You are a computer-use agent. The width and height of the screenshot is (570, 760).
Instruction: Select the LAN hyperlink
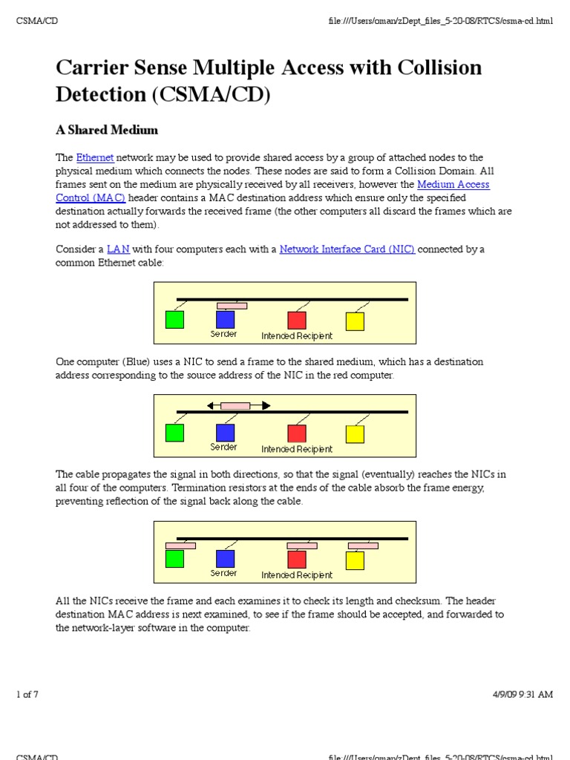pos(118,249)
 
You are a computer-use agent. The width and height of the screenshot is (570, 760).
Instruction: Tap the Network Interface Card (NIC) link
pos(347,249)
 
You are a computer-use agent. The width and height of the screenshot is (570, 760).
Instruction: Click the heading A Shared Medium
pos(107,130)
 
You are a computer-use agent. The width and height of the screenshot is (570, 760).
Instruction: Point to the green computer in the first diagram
pos(174,319)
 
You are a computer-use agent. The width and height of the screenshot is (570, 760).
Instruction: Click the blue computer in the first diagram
pos(225,319)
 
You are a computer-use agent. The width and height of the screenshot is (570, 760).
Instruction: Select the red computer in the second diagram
pos(297,433)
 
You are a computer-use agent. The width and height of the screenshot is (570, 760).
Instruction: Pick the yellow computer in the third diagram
pos(355,560)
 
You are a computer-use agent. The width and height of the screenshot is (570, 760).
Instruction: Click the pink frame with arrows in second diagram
pos(236,405)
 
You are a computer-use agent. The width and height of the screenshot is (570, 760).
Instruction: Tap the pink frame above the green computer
pos(180,546)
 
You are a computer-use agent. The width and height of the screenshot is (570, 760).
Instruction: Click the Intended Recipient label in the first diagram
pos(297,335)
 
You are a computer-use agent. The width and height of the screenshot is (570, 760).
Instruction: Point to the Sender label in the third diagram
pos(223,573)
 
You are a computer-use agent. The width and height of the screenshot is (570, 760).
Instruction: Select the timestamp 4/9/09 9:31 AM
pos(522,695)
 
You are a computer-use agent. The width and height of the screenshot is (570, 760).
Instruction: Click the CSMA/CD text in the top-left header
pos(37,21)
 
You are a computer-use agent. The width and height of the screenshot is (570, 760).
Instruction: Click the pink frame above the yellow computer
pos(363,546)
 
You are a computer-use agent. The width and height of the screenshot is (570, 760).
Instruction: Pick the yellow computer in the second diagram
pos(355,433)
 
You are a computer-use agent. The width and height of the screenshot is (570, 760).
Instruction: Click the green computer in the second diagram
pos(174,433)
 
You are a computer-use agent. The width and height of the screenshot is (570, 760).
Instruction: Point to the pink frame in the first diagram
pos(232,306)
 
